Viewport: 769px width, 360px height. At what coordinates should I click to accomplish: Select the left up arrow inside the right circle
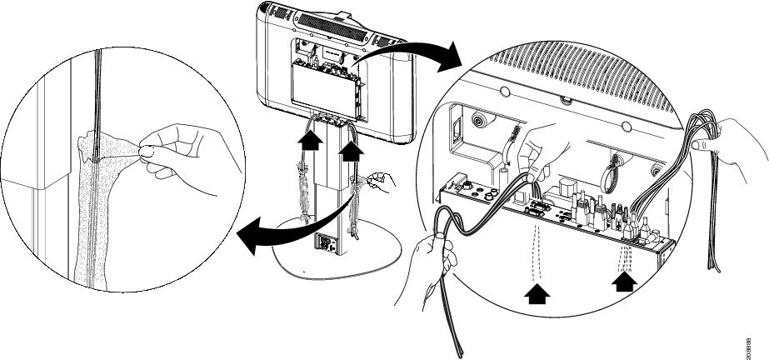coord(538,292)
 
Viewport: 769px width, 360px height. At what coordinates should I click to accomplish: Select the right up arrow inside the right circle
coord(624,282)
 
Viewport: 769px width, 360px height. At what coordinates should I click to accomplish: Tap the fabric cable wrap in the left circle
coord(92,225)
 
